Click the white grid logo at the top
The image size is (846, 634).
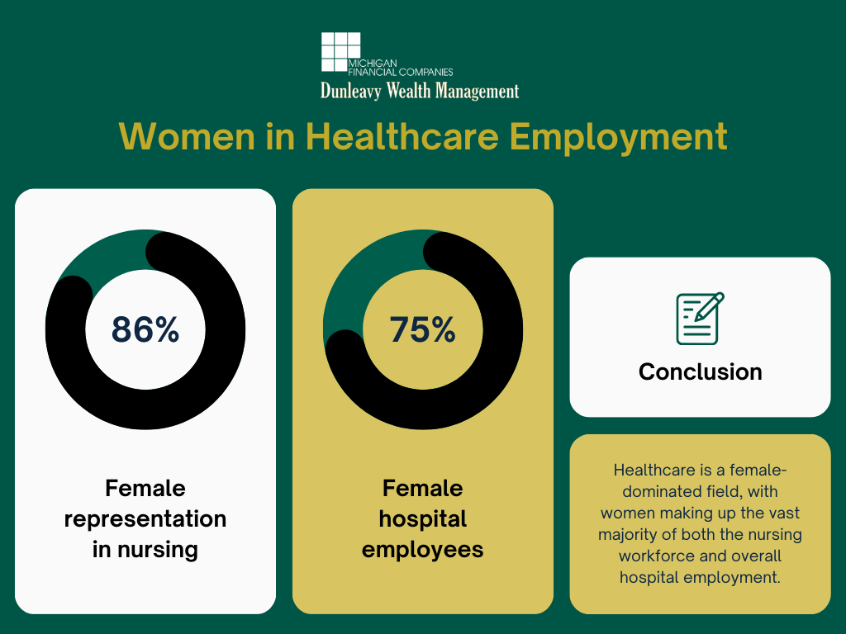pos(341,52)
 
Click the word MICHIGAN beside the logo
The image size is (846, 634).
pos(373,64)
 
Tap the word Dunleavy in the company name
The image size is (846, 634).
pos(350,91)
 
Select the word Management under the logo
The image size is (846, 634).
pos(477,91)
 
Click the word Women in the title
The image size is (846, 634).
pos(187,136)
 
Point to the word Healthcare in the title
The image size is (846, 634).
pos(402,136)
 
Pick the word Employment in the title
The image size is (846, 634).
pos(618,138)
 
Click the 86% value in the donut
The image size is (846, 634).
pos(145,329)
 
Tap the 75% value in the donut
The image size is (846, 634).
pos(422,329)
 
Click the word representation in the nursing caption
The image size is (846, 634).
pos(145,519)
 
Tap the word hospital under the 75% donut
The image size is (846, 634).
pos(422,519)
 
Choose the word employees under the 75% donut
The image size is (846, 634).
pos(422,551)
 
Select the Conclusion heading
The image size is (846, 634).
pos(701,372)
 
